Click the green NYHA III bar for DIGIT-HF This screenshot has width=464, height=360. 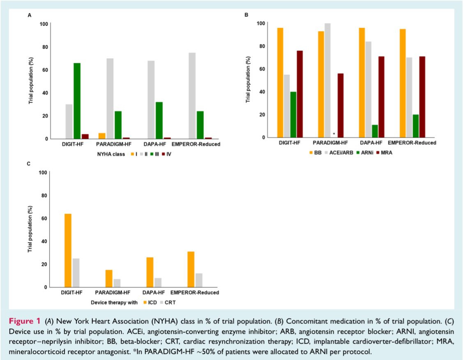pyautogui.click(x=77, y=101)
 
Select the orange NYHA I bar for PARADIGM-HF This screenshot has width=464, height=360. pyautogui.click(x=101, y=136)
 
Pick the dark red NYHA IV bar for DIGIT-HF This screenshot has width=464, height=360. pyautogui.click(x=85, y=136)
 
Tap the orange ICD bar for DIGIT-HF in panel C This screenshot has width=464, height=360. pyautogui.click(x=68, y=250)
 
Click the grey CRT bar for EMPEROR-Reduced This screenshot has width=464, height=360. pyautogui.click(x=199, y=280)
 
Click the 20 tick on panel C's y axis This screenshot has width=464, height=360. pyautogui.click(x=42, y=264)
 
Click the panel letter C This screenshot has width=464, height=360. pyautogui.click(x=29, y=164)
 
